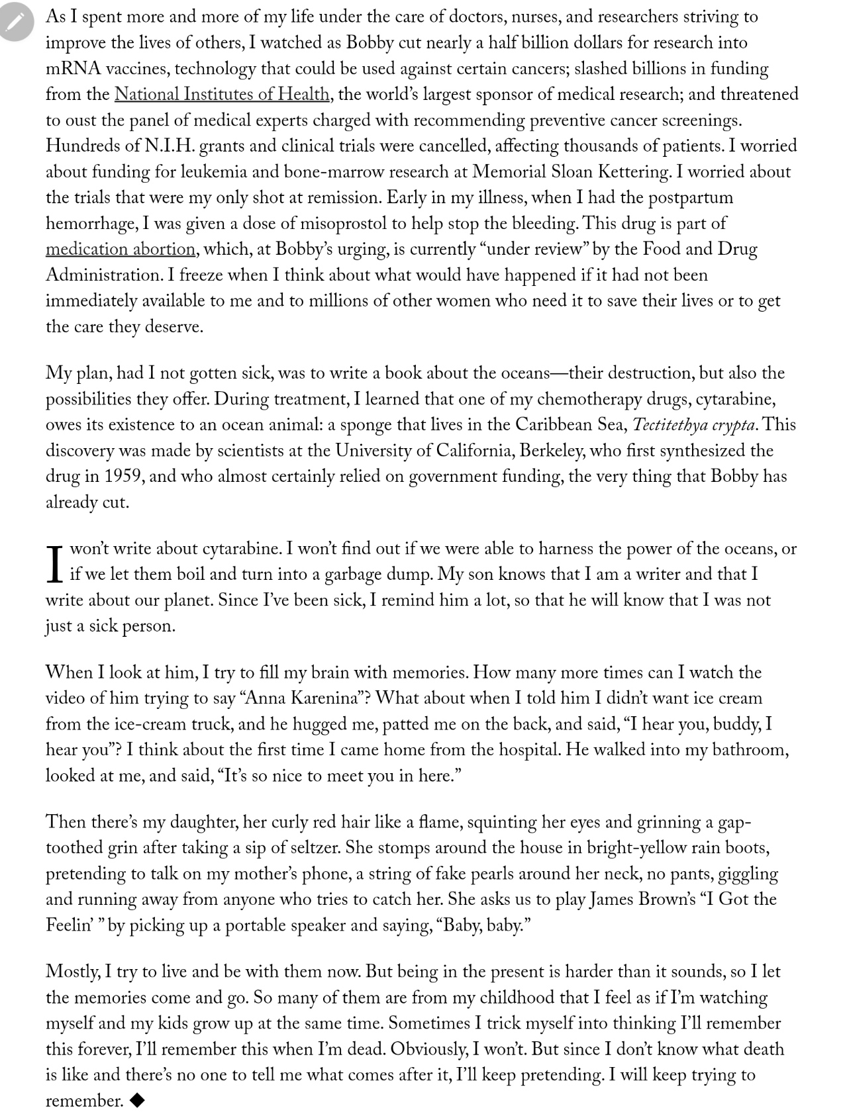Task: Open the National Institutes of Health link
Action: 222,94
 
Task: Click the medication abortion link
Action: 121,249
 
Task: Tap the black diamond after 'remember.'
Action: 137,1100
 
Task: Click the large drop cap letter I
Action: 55,563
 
